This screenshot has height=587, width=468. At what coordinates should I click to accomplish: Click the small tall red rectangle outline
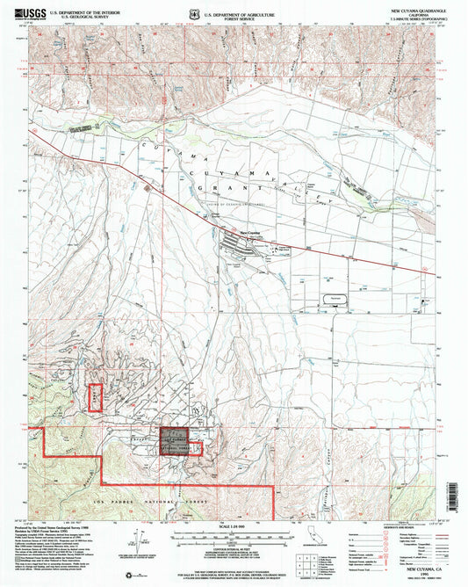click(x=96, y=398)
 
